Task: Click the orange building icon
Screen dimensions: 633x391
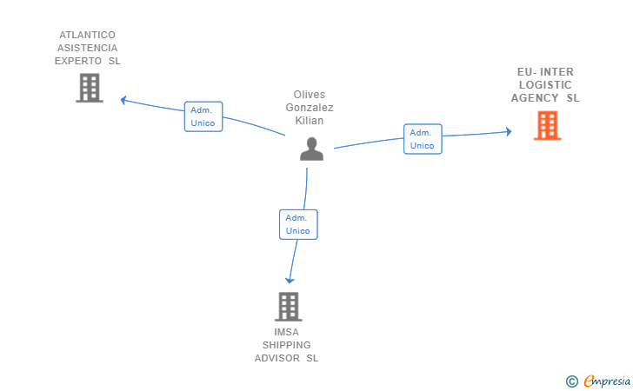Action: point(547,125)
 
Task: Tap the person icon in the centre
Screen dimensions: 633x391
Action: point(311,149)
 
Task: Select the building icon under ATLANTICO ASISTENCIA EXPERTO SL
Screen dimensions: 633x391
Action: point(90,88)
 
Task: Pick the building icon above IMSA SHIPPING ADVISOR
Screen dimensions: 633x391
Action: point(289,307)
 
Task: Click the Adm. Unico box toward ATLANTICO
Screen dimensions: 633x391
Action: point(203,116)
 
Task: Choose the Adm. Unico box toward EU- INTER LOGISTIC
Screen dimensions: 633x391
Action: point(423,139)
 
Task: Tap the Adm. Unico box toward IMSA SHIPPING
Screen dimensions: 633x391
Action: point(298,224)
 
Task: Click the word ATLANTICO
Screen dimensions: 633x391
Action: point(87,35)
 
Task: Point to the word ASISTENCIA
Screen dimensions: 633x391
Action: point(87,48)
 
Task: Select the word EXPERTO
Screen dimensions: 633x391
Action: point(78,61)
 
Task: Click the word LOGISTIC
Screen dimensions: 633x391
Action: point(545,85)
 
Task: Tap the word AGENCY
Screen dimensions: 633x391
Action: point(535,98)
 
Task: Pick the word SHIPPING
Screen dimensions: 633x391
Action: point(287,345)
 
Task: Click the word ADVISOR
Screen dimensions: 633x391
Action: point(277,358)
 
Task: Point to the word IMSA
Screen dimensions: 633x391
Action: point(287,332)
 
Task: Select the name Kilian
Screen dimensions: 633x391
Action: point(310,121)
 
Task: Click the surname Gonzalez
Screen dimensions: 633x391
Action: point(310,108)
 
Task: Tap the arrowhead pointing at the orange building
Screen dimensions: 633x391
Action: point(509,131)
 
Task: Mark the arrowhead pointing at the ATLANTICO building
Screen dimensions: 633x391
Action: point(123,100)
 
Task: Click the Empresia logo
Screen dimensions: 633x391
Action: point(598,381)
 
